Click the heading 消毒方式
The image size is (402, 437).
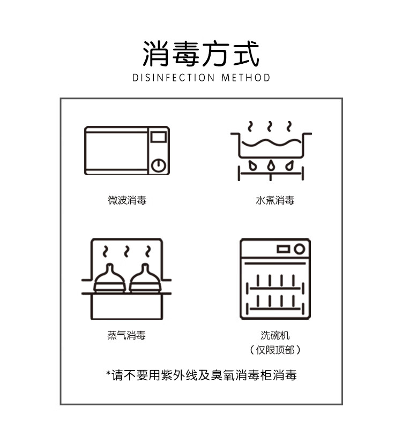[201, 54]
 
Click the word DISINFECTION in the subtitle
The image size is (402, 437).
[174, 78]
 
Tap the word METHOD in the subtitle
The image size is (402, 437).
[246, 78]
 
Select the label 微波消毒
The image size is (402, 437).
[127, 200]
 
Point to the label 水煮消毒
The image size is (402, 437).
[275, 200]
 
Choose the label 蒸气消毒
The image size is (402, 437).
[126, 335]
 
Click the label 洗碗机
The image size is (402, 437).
[275, 335]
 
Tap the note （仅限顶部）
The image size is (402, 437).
[275, 350]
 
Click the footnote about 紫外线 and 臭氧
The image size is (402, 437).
[202, 375]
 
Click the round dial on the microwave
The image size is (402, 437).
[159, 165]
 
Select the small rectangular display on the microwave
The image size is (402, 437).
[159, 137]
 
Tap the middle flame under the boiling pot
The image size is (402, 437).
[271, 165]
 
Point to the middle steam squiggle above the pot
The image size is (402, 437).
[270, 126]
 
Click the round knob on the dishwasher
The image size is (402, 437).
[299, 249]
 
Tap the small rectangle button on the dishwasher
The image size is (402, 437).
[284, 249]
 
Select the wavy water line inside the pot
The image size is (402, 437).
[271, 143]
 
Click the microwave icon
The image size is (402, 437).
[127, 151]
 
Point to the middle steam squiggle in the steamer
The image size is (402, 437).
[126, 251]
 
